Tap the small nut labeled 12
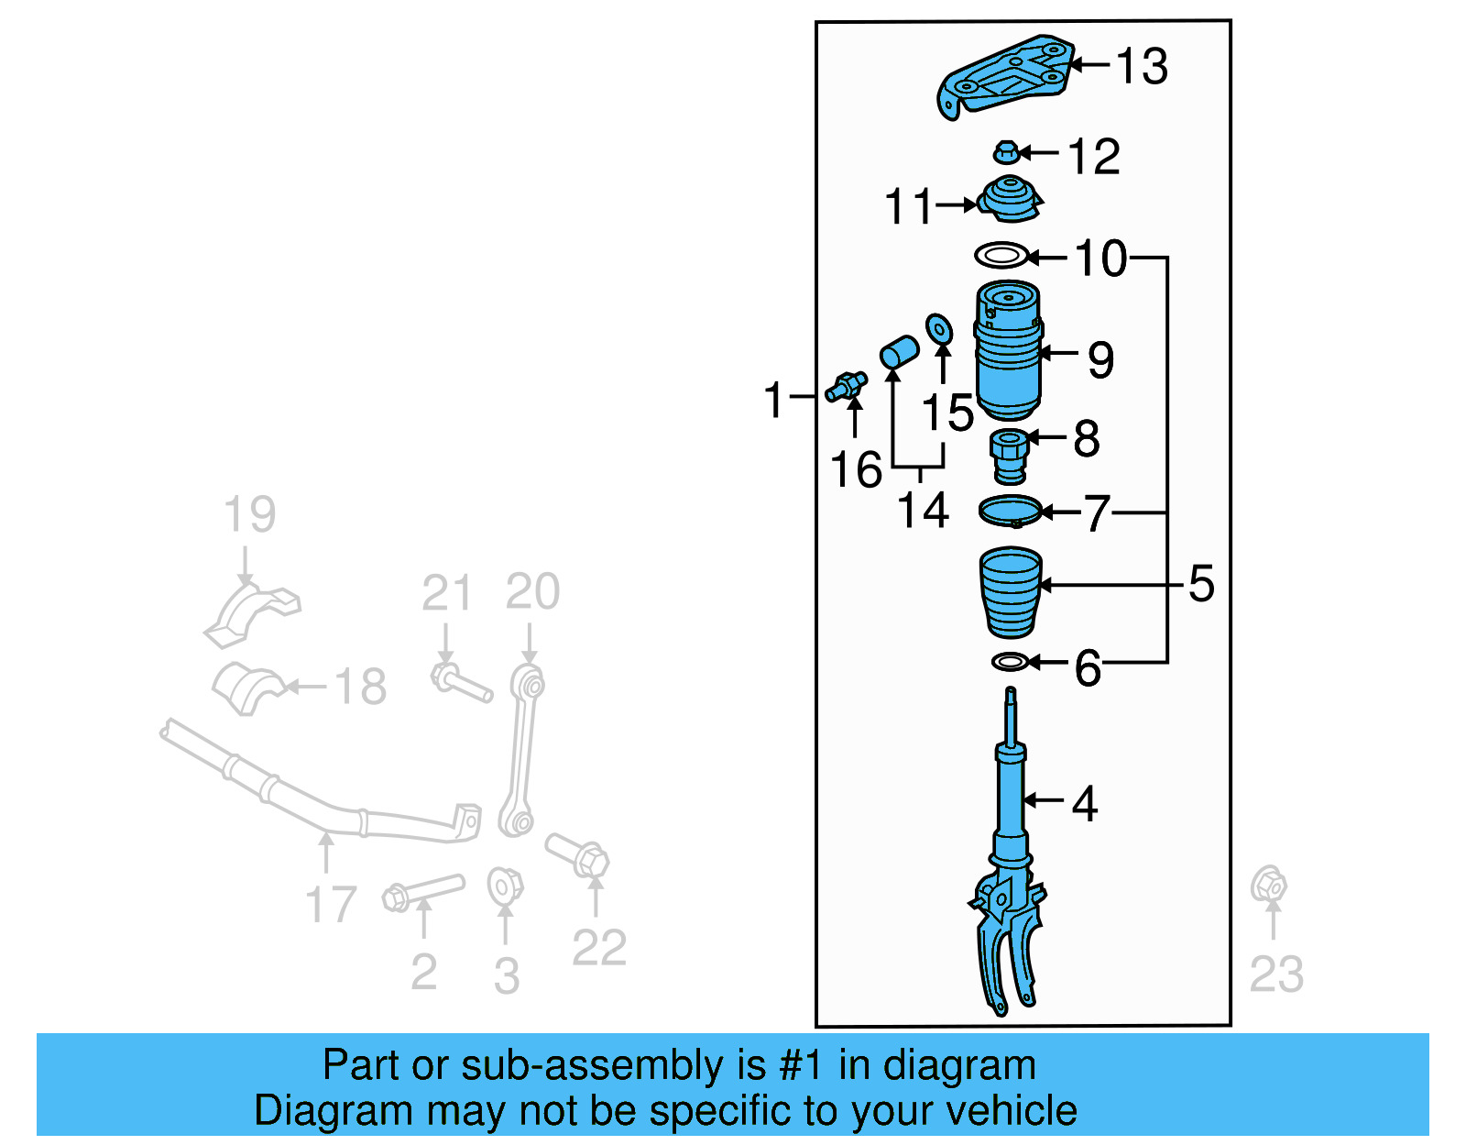1006,152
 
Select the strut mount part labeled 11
1010,200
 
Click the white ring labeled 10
1001,256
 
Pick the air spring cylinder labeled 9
1008,353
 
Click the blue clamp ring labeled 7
1011,511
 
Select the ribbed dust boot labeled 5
1011,591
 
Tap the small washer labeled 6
1010,661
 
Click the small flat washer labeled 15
939,328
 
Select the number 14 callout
922,511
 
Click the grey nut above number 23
1269,884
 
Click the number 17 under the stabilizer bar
330,904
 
